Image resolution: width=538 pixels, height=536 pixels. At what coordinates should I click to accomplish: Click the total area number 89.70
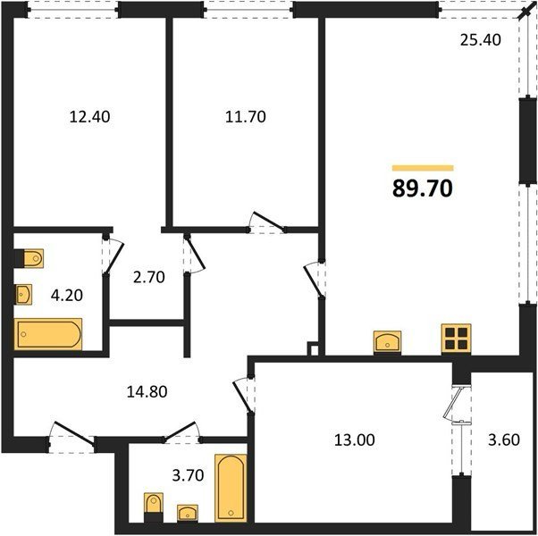click(423, 189)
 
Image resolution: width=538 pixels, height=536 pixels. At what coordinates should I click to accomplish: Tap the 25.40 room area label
click(481, 40)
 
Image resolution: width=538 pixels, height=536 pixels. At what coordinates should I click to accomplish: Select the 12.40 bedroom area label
click(89, 117)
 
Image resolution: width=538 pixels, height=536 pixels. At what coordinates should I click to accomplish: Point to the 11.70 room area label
click(246, 117)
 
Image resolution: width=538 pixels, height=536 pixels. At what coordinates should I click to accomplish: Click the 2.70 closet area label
click(149, 277)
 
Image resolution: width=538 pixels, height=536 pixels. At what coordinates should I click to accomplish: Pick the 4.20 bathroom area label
click(66, 295)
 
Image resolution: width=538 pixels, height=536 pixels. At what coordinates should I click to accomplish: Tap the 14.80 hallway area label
click(147, 391)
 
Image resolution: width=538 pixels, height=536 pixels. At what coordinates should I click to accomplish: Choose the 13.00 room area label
click(355, 440)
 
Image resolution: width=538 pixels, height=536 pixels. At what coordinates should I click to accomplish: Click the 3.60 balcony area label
click(504, 440)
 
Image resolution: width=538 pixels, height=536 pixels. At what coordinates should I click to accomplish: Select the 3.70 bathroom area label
click(188, 475)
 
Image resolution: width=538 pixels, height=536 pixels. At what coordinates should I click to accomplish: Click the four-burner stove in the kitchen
click(456, 339)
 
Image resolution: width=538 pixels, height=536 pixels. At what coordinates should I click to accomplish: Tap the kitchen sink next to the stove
click(387, 341)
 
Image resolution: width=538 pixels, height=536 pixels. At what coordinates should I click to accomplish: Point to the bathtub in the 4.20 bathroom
click(47, 334)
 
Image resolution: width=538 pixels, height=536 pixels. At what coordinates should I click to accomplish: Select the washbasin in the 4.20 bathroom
click(23, 294)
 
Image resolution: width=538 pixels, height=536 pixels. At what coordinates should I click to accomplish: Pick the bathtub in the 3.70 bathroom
click(231, 488)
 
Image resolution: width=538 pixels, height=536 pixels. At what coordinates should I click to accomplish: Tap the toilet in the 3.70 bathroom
click(154, 507)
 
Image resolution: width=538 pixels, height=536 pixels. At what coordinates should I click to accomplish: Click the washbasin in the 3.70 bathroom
click(188, 513)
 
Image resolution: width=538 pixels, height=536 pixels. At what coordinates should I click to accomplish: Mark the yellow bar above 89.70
click(423, 168)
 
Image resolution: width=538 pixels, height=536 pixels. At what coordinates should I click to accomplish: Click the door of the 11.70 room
click(267, 222)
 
